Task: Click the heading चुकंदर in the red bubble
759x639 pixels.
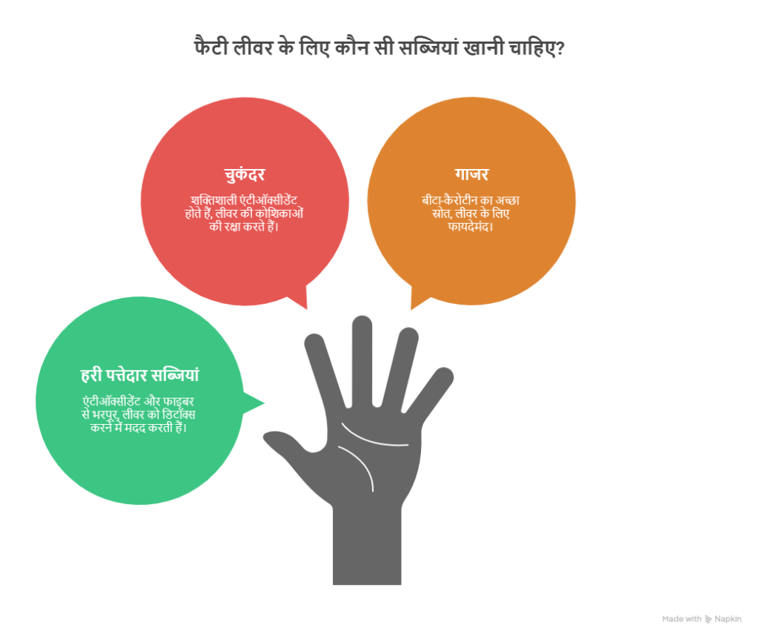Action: click(x=245, y=174)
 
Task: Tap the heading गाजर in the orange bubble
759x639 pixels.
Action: click(x=471, y=173)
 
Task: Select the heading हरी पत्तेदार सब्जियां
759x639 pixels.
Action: click(x=139, y=374)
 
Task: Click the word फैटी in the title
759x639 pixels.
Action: click(x=211, y=47)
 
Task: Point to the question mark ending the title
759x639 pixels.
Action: click(x=560, y=48)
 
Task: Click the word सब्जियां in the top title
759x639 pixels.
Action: click(x=427, y=48)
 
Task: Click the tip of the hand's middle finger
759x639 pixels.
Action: click(x=362, y=317)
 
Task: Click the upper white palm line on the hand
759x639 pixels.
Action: click(x=374, y=438)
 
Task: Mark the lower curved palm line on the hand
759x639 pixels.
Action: click(x=358, y=465)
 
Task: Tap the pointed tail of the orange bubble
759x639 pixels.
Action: click(x=411, y=309)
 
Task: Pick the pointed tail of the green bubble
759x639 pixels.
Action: click(x=265, y=403)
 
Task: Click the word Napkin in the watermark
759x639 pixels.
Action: click(x=728, y=619)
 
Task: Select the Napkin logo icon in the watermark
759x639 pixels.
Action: click(x=708, y=619)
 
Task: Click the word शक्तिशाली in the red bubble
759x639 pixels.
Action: click(x=213, y=200)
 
